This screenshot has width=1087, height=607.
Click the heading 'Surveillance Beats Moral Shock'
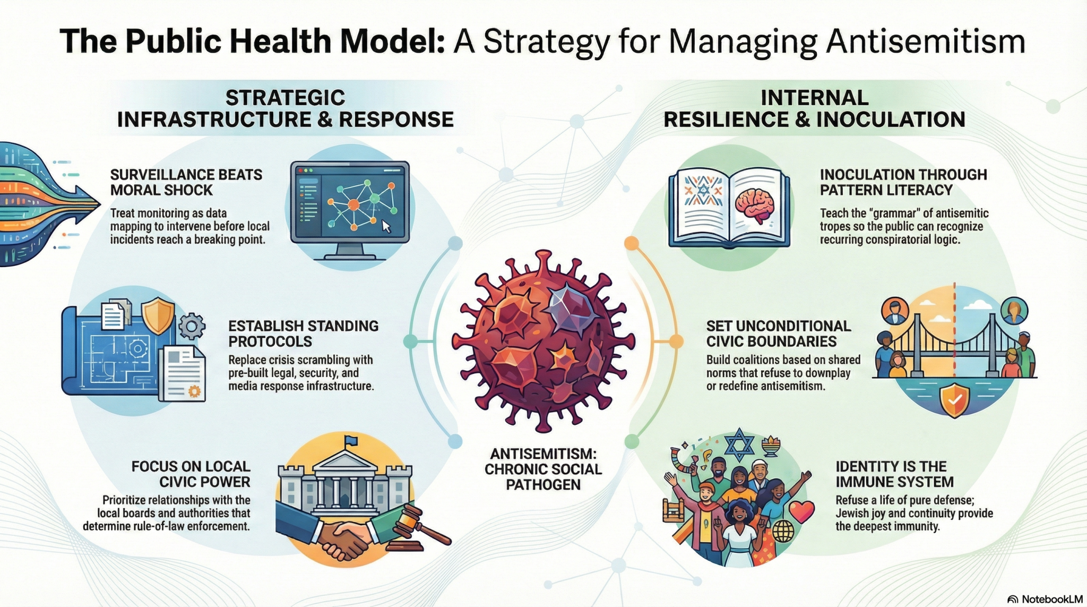click(x=186, y=182)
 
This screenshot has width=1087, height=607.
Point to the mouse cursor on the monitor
click(x=386, y=226)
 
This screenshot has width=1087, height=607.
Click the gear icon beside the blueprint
click(x=192, y=326)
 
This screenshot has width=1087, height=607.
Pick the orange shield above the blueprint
click(x=158, y=315)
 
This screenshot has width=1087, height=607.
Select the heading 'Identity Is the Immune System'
click(x=895, y=474)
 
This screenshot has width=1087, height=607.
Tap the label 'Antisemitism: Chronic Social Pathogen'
click(x=543, y=469)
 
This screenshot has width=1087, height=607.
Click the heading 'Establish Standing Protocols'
click(x=304, y=334)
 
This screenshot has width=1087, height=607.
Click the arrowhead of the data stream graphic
click(x=87, y=203)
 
